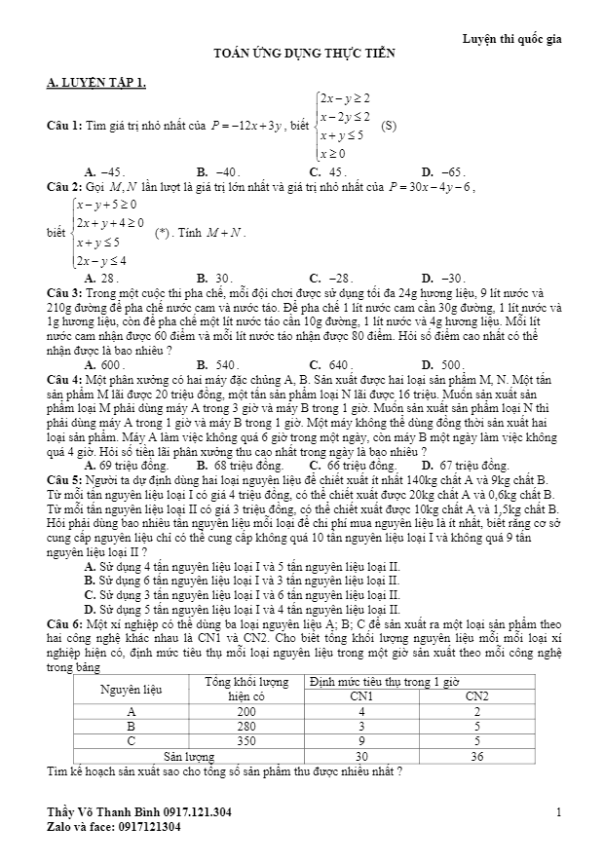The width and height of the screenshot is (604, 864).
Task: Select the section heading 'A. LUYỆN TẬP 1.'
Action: (96, 85)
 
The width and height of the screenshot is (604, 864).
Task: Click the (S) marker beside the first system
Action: (389, 126)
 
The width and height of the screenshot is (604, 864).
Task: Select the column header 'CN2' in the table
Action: (477, 696)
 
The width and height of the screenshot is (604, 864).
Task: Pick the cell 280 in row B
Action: (246, 726)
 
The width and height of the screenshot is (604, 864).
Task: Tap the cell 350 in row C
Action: (246, 740)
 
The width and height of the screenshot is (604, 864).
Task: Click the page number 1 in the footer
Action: (559, 811)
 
